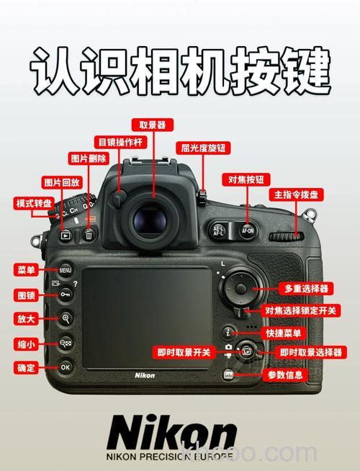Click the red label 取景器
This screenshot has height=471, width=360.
pos(151,125)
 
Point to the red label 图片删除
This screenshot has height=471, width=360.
pos(88,158)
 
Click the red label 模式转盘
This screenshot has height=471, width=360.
pos(34,204)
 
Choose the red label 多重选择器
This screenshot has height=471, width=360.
pos(306,288)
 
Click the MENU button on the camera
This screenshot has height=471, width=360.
pos(66,271)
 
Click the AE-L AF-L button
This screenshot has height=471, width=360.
pos(219,231)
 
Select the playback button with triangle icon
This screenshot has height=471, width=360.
pos(66,235)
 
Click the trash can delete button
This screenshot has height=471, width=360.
pos(89,234)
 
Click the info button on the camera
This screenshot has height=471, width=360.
pos(229,374)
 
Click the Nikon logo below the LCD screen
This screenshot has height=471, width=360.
pos(145,375)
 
